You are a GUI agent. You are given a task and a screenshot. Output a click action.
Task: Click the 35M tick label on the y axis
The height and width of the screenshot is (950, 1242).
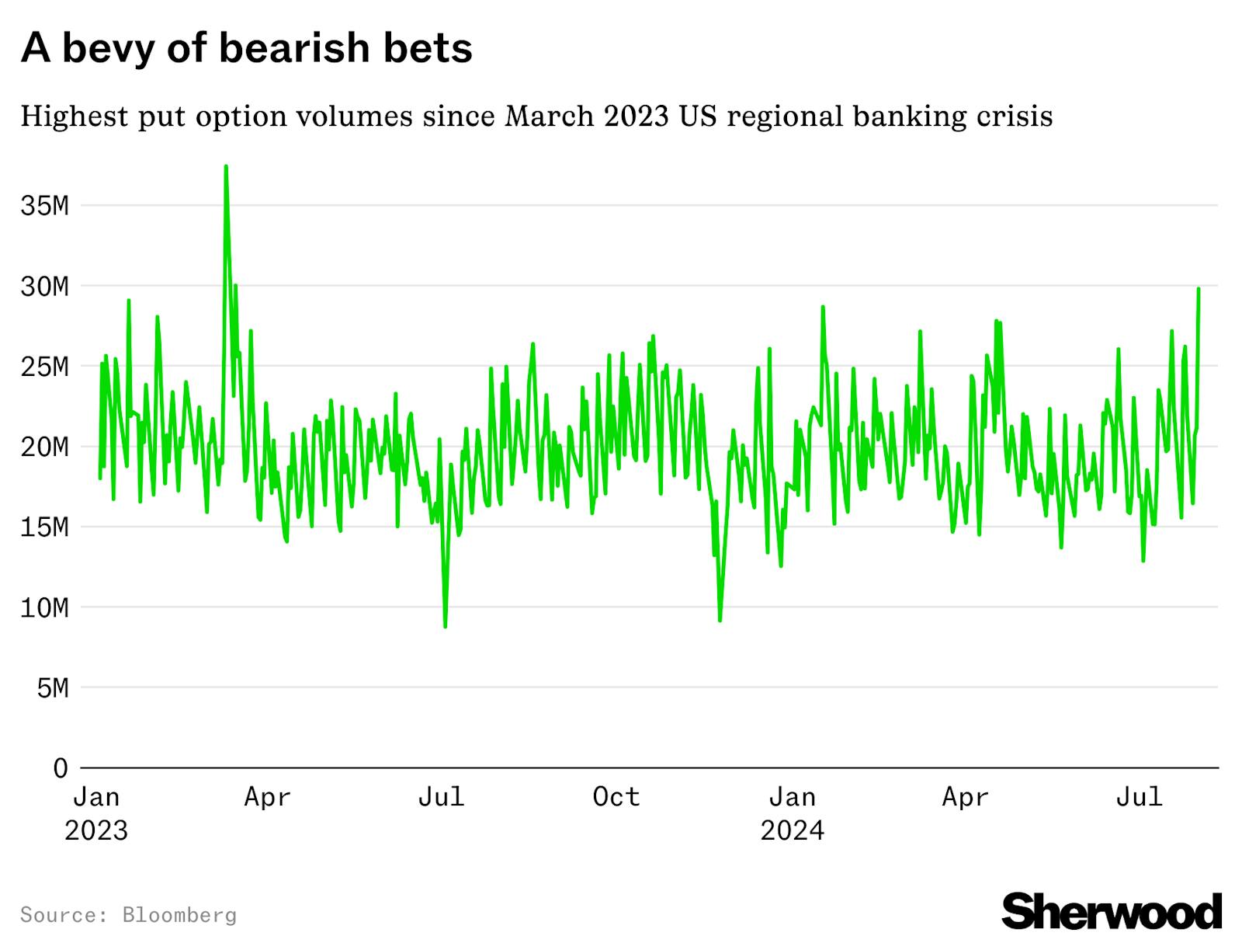coord(45,206)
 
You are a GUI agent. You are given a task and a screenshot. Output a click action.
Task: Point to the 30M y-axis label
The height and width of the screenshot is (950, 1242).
coord(45,287)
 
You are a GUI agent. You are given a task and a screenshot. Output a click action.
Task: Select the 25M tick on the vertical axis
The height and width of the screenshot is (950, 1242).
coord(45,367)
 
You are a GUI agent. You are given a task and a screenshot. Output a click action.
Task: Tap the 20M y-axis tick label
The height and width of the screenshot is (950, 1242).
coord(45,447)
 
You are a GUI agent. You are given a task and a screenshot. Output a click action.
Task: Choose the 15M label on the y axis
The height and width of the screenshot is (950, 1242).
coord(45,527)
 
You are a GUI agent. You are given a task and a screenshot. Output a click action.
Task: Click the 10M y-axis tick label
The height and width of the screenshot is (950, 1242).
coord(45,607)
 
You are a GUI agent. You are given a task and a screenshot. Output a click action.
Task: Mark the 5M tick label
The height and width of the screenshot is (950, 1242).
coord(53,688)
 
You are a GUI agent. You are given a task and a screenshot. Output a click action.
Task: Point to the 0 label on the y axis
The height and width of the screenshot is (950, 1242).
coord(61,768)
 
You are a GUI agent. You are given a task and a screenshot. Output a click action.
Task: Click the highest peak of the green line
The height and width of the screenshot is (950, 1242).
coord(225,166)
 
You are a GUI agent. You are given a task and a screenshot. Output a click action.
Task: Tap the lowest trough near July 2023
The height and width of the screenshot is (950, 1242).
coord(445,626)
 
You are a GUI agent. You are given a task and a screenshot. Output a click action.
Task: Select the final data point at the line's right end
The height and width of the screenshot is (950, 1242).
coord(1199,289)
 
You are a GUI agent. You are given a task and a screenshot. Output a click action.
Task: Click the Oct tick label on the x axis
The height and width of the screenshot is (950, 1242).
coord(616,797)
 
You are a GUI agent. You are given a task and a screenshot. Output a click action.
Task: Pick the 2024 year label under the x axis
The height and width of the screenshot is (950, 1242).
coord(792,830)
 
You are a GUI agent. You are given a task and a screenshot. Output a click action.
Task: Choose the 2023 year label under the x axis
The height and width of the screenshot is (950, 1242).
coord(96,830)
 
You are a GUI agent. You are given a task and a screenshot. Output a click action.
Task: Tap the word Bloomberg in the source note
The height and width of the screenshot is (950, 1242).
coord(179,914)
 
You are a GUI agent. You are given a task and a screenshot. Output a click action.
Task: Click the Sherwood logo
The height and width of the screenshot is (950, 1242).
coord(1112,910)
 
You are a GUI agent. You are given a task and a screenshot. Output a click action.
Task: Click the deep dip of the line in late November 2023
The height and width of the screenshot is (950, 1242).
coord(720,620)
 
